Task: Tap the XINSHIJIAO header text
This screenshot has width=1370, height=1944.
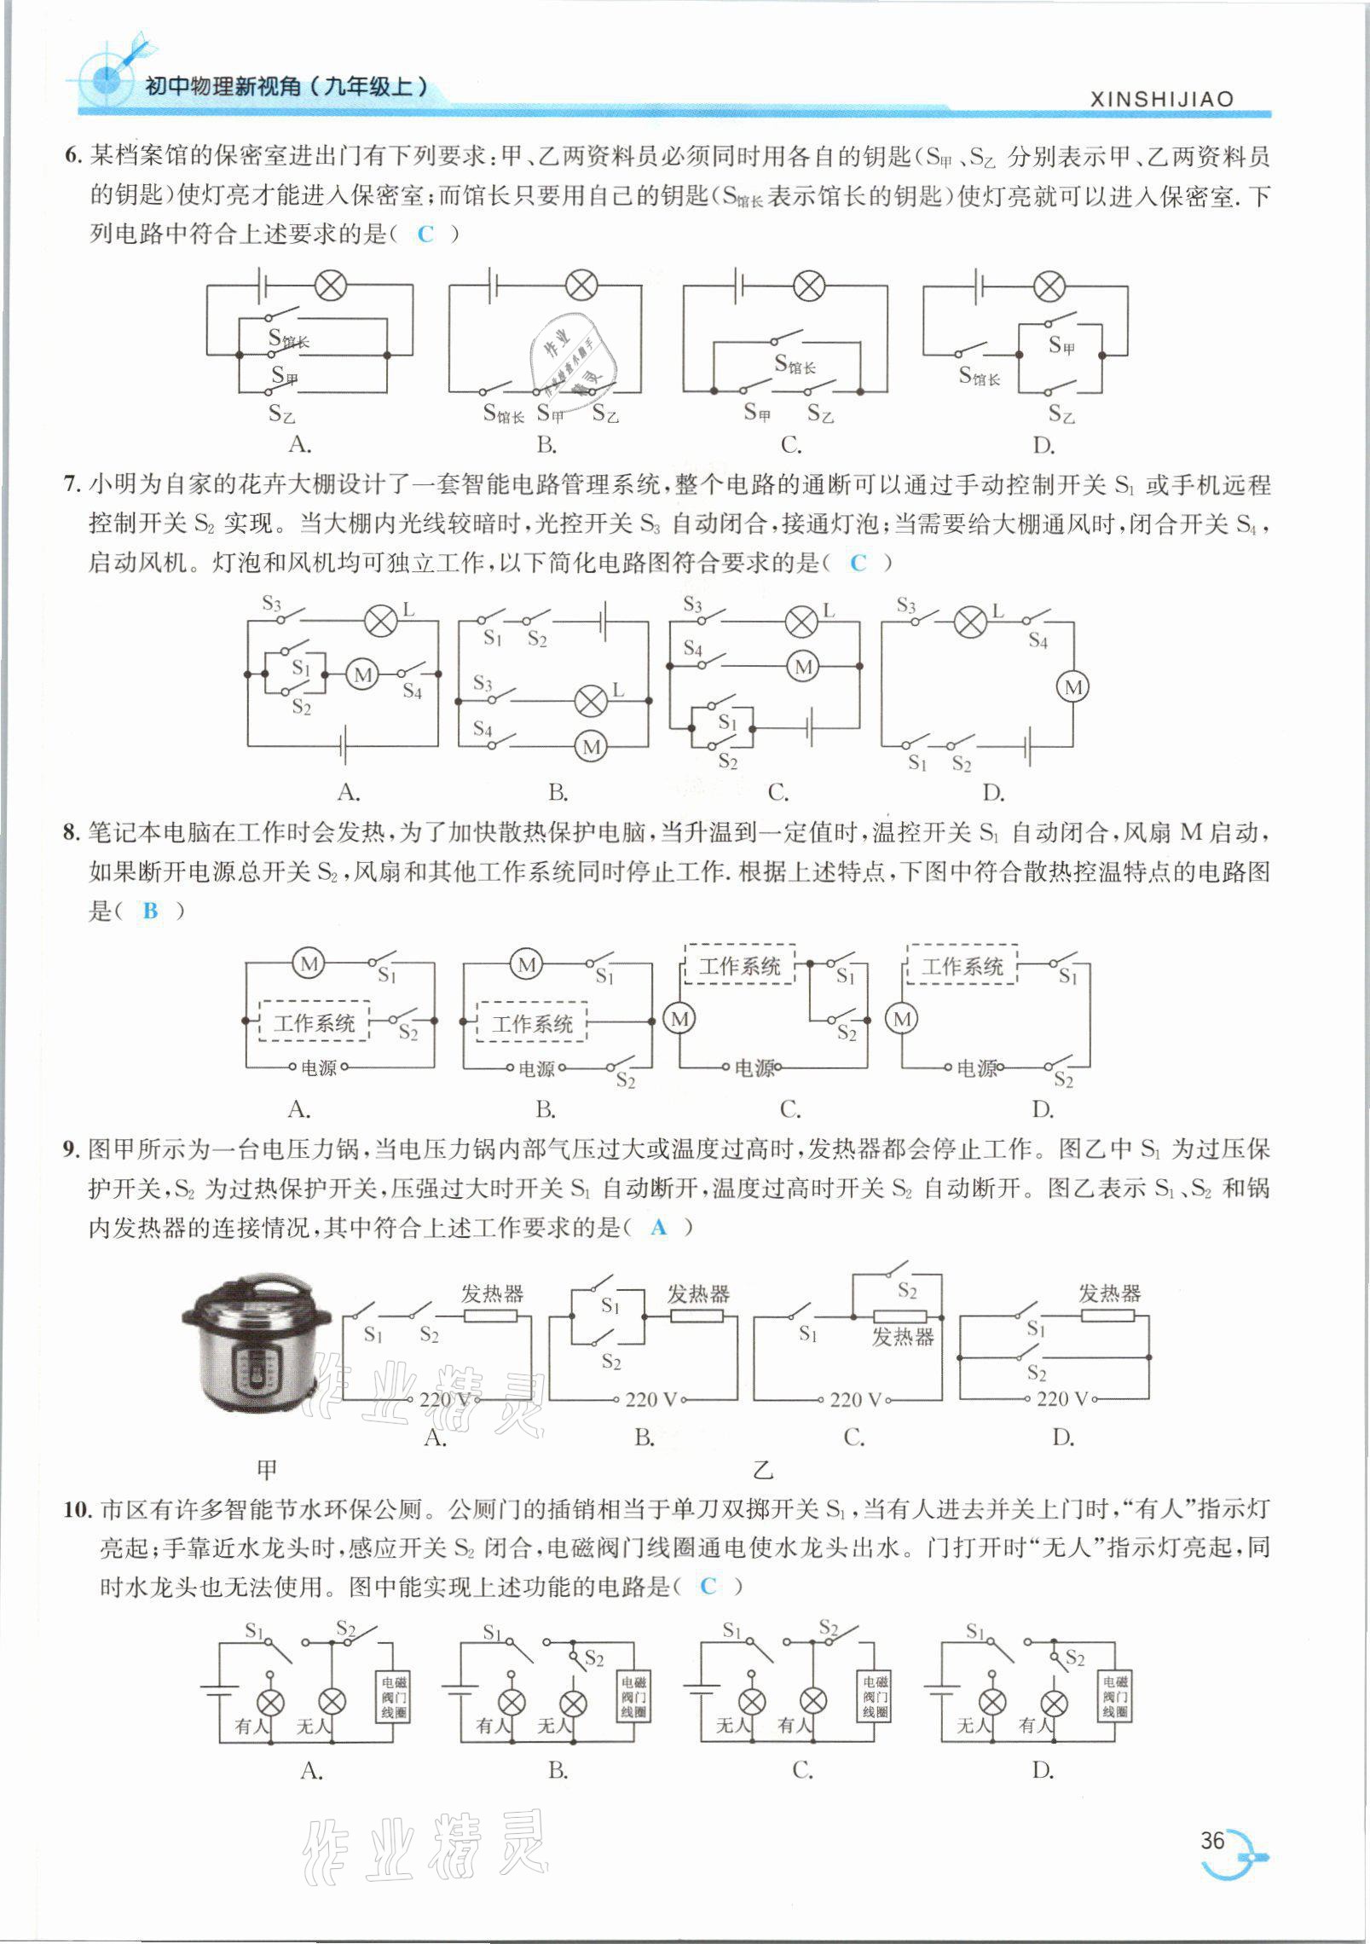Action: (x=1161, y=99)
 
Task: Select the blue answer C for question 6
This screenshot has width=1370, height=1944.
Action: (x=425, y=234)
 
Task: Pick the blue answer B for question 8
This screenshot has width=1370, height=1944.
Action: (x=151, y=911)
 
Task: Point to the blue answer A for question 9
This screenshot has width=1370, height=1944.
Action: (x=658, y=1227)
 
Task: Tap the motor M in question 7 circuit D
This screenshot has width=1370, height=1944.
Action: (x=1073, y=687)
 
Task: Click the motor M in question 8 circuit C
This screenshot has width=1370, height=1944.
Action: (x=679, y=1019)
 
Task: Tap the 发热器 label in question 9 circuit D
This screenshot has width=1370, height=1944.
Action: (x=1109, y=1293)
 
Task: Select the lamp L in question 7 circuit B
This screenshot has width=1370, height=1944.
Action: (x=589, y=701)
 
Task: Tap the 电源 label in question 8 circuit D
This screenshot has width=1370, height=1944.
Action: (x=977, y=1068)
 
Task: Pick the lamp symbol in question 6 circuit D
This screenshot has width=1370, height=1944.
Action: (x=1049, y=285)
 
